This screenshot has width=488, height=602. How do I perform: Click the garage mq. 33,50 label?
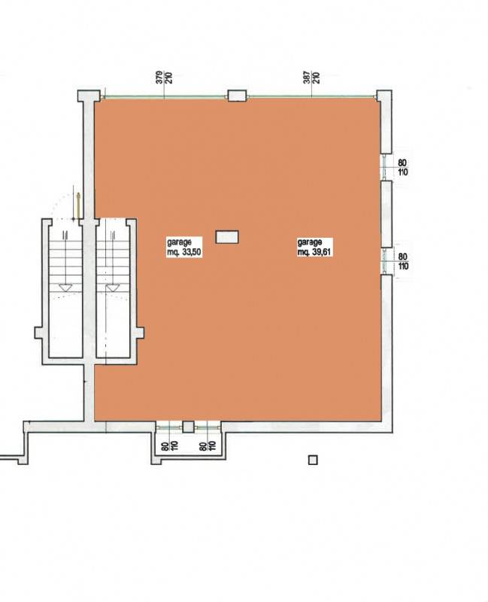pos(184,248)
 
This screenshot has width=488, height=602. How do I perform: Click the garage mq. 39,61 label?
pos(314,248)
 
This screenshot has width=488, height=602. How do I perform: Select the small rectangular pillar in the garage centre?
pos(227,237)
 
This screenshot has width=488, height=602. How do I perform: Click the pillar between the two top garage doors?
pos(237,96)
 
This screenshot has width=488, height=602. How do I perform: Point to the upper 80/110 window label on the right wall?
pos(402,168)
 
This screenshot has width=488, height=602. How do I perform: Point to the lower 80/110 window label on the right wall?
pos(403,261)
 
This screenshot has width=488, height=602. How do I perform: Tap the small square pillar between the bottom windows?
pos(188,427)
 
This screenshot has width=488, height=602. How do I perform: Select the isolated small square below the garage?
pos(313,460)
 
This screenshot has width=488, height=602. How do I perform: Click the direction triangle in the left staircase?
pos(65,287)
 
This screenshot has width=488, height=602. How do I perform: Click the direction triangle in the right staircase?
pos(113,287)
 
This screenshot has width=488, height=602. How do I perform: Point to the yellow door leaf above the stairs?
pos(78,208)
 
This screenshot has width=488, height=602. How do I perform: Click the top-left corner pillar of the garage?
pos(89,96)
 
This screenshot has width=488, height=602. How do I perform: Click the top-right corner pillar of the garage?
pos(383,96)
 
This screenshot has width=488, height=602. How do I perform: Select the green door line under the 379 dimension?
pos(164,98)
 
